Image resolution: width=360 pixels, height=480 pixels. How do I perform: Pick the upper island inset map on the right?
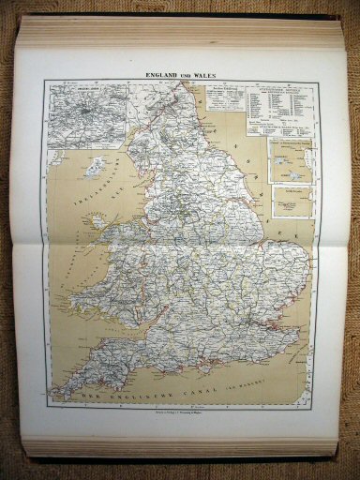coord(290,161)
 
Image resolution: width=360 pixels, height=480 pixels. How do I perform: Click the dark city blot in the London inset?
coord(85,112)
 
